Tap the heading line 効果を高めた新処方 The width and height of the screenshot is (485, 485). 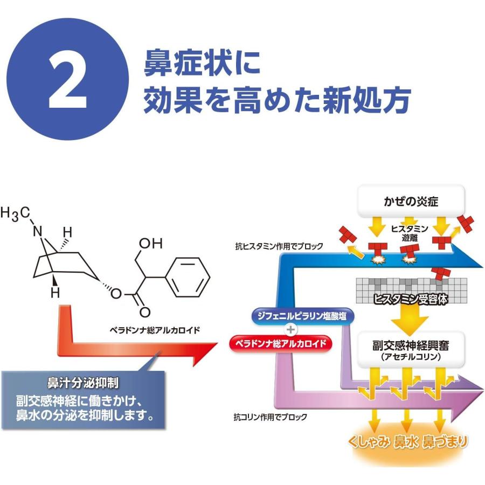pyautogui.click(x=277, y=100)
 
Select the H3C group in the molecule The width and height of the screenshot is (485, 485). pyautogui.click(x=15, y=213)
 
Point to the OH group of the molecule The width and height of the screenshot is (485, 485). pyautogui.click(x=150, y=244)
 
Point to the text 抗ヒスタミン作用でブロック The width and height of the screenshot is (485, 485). pyautogui.click(x=279, y=246)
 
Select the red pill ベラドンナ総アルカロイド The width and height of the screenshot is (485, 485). pyautogui.click(x=280, y=343)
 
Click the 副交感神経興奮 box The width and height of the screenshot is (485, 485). pyautogui.click(x=412, y=349)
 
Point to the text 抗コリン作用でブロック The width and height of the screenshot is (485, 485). pyautogui.click(x=271, y=417)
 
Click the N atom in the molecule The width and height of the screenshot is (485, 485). pyautogui.click(x=37, y=232)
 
